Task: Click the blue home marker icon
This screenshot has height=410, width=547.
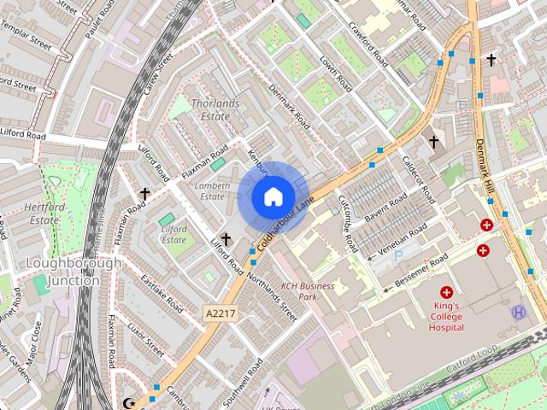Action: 273,196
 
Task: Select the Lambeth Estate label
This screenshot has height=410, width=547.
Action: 212,190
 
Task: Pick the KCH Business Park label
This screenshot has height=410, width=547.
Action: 308,291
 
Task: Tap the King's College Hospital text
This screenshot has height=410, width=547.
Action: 446,316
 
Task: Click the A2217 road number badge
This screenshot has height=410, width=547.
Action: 220,314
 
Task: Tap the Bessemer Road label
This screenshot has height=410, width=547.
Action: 416,272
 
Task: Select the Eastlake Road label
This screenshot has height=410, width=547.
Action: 162,293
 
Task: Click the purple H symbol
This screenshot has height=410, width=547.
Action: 518,313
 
